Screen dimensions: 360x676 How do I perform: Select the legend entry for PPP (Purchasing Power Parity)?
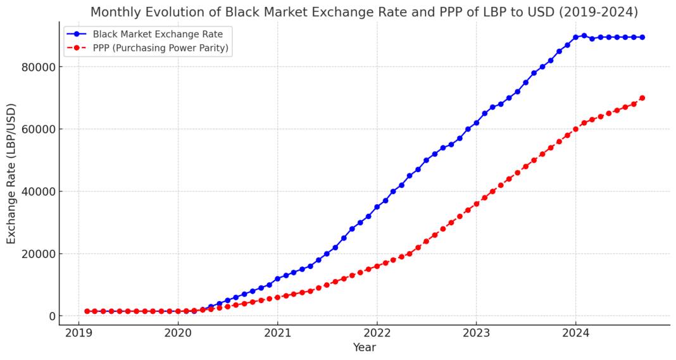pos(160,47)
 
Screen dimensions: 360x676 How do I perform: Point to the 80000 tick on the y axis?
pos(40,67)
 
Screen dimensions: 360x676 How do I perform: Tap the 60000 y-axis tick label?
pos(40,129)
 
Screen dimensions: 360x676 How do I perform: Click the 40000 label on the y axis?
pos(40,192)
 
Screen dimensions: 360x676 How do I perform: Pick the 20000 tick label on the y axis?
pos(40,254)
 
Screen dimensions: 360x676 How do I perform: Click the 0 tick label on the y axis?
pos(53,316)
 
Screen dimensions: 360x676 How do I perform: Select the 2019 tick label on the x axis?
pos(78,333)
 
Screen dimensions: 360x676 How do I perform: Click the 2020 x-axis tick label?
pos(178,333)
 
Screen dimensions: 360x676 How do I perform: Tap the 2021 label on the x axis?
pos(277,333)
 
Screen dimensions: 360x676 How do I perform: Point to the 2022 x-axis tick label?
pos(377,333)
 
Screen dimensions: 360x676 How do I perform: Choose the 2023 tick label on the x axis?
pos(476,333)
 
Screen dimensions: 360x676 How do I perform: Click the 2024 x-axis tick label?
pos(575,333)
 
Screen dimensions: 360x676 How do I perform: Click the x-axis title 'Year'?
pos(365,347)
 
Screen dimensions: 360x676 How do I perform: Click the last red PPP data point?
pos(642,98)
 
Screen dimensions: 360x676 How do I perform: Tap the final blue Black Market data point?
pos(642,37)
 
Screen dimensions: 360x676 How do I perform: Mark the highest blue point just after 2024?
pos(584,36)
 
